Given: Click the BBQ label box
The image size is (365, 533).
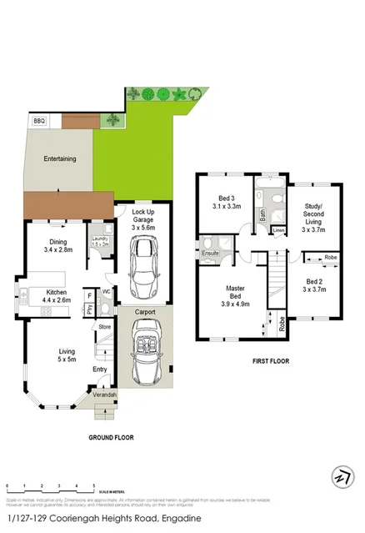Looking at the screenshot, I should (x=38, y=121).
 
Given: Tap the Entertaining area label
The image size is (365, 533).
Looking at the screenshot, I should (x=60, y=158).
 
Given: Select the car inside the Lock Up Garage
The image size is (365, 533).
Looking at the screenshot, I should (x=144, y=260).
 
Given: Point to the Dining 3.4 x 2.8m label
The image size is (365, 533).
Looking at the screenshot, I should (x=58, y=246).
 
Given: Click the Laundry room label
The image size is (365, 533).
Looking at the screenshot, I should (x=99, y=241).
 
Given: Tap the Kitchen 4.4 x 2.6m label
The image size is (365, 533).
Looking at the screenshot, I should (x=48, y=296).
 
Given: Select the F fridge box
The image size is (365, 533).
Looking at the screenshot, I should (x=89, y=295).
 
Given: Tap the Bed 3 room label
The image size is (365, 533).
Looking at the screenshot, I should (x=226, y=200).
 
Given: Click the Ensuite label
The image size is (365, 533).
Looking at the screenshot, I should (x=211, y=252).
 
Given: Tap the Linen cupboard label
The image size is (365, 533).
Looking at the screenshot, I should (x=278, y=229).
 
